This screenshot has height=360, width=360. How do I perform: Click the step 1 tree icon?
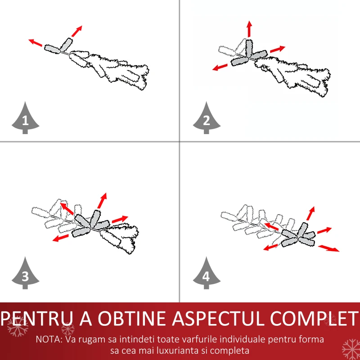tap(25, 118)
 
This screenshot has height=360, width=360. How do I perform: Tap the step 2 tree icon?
tap(207, 118)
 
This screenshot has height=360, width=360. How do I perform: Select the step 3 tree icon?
tap(25, 273)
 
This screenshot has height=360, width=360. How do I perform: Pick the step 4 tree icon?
tap(207, 273)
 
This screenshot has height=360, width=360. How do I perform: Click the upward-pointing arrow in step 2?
tap(250, 29)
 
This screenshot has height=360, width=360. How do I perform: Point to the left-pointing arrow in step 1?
tap(35, 42)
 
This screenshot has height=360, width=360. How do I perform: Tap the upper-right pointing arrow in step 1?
tap(76, 31)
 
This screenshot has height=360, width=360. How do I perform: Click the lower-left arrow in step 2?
tap(220, 67)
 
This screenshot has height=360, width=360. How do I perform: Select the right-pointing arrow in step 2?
tap(278, 49)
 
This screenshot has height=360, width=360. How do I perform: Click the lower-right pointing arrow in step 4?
tap(328, 248)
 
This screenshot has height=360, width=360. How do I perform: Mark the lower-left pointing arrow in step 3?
tap(61, 238)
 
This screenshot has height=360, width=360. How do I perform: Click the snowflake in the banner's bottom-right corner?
tap(351, 350)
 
